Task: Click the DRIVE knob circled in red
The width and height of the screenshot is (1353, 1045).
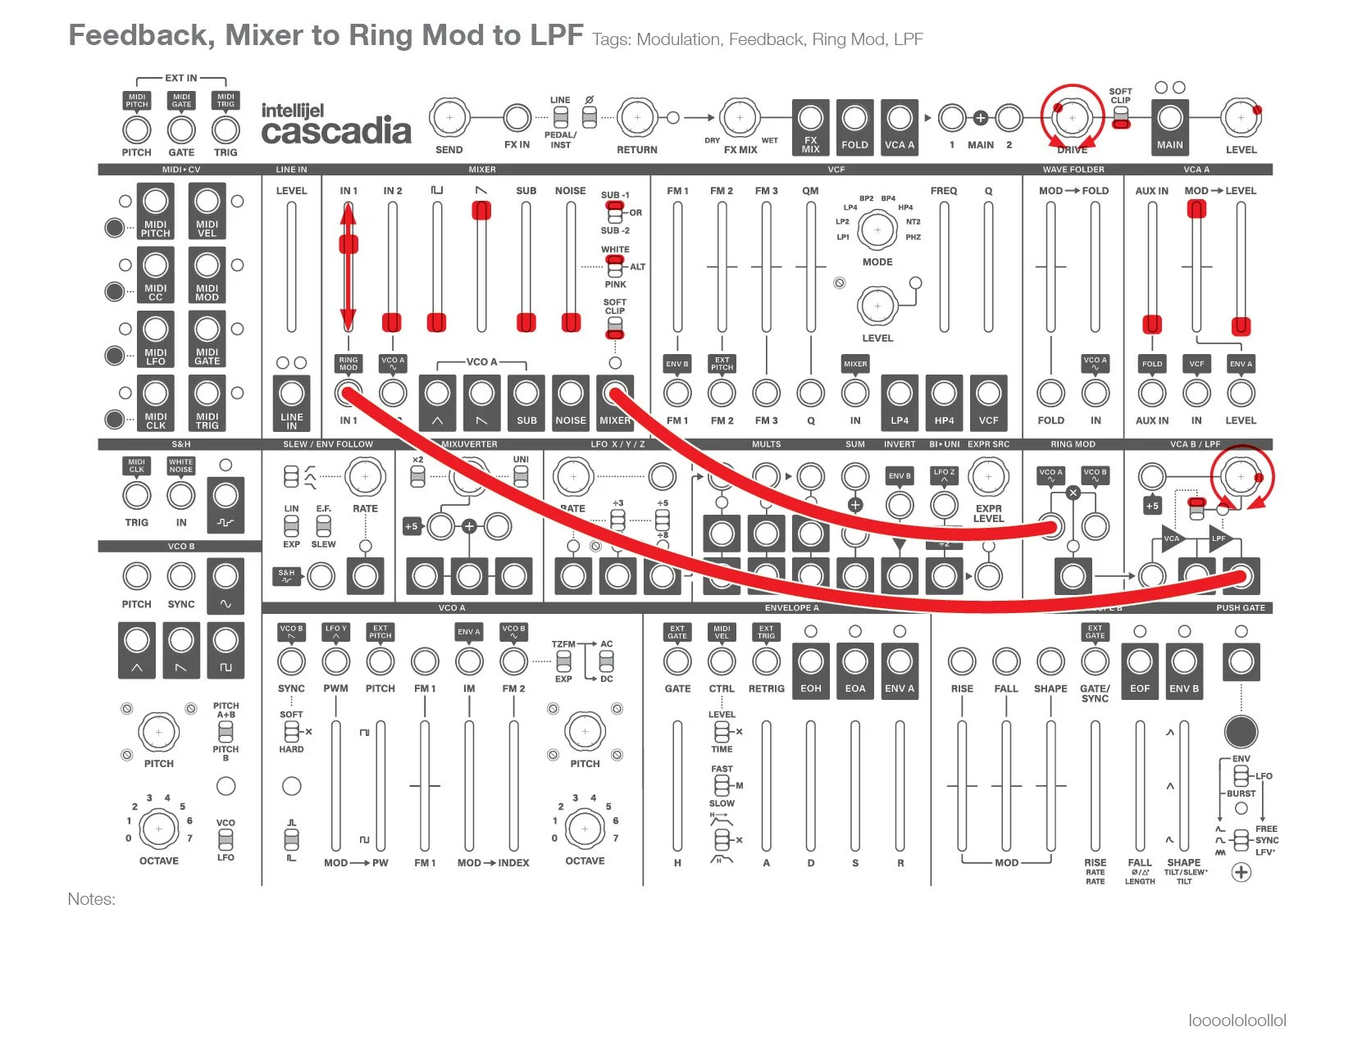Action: point(1072,118)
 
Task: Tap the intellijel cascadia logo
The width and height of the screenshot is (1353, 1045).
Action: point(335,125)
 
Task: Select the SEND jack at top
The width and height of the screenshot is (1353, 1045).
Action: point(449,118)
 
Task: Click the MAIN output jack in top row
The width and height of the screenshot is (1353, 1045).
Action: point(1169,118)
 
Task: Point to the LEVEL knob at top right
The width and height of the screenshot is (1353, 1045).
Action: point(1241,118)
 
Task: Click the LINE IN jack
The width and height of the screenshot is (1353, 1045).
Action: point(291,393)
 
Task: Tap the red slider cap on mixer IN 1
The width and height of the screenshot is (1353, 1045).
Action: point(348,244)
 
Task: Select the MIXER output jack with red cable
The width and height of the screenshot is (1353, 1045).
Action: point(615,393)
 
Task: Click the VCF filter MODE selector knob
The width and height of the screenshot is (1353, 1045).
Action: point(877,230)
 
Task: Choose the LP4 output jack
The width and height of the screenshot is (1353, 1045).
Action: point(900,393)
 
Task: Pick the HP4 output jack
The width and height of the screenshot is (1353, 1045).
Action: point(944,393)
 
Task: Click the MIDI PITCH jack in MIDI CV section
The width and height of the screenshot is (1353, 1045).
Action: point(156,201)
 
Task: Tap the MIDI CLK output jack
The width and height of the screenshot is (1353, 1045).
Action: point(156,393)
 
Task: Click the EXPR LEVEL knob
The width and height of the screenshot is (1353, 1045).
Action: point(988,477)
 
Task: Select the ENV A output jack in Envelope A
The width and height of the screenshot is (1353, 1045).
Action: point(900,661)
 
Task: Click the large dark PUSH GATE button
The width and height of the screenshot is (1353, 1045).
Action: point(1241,732)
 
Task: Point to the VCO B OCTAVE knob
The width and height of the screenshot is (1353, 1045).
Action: point(159,829)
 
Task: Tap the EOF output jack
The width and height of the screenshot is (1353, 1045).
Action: point(1140,661)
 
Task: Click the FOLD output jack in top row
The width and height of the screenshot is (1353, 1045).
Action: point(854,118)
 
